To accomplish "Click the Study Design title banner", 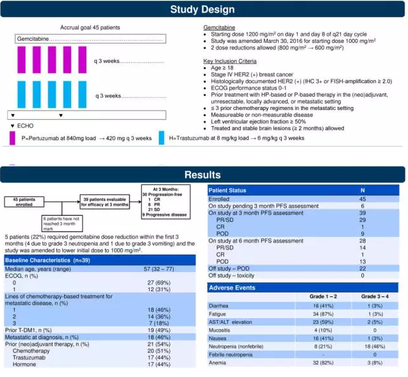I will [204, 10].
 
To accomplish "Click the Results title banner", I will [204, 174].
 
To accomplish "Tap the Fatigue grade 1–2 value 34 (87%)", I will [325, 314].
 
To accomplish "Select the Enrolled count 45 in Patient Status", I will [362, 198].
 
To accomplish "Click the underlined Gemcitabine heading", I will [219, 28].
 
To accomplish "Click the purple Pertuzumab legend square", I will [12, 137].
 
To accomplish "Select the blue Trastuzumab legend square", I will [161, 137].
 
